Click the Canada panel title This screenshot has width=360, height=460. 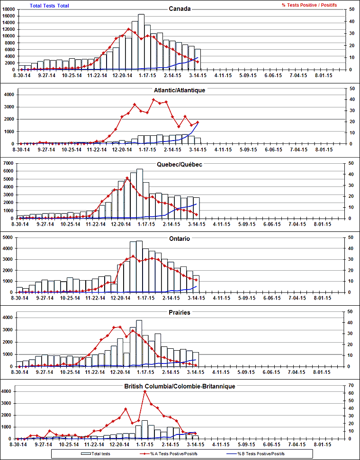click(x=180, y=9)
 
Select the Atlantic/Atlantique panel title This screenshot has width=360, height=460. click(x=180, y=89)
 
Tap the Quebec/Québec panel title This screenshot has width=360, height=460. click(x=180, y=164)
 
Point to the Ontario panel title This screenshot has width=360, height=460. click(x=180, y=239)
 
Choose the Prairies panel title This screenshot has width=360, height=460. click(x=180, y=313)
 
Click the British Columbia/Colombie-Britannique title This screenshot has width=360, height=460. click(x=180, y=386)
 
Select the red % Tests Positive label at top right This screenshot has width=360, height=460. click(x=309, y=5)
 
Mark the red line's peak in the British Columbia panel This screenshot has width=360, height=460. click(x=145, y=392)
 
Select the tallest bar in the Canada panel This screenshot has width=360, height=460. click(x=141, y=42)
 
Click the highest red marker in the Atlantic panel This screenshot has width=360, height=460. click(x=153, y=99)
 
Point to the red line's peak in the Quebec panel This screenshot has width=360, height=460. click(x=127, y=178)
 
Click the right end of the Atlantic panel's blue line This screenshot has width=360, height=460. click(x=198, y=122)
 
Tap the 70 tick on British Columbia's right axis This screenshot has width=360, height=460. click(x=351, y=386)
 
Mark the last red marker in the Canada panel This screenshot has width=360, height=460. click(x=198, y=62)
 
